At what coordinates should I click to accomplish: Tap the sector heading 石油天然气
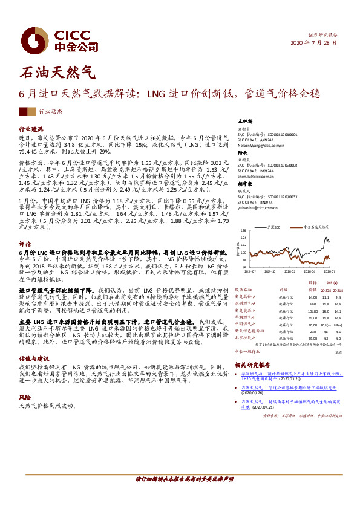(58, 73)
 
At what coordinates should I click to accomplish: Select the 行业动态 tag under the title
(50, 112)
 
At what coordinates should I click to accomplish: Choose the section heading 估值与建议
(33, 358)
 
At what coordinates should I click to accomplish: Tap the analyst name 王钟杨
(244, 121)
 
